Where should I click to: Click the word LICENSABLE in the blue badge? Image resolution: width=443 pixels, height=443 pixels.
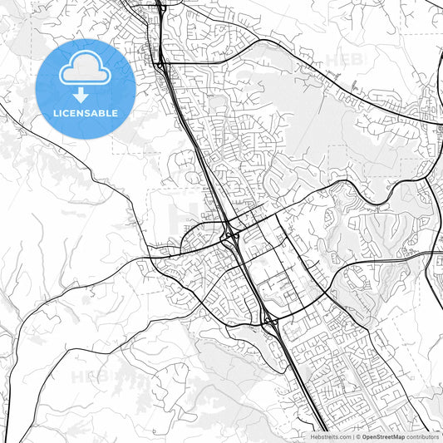pyautogui.click(x=86, y=113)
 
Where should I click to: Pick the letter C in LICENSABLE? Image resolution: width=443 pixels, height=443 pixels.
pyautogui.click(x=67, y=113)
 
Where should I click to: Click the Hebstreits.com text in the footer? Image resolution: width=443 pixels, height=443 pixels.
pyautogui.click(x=330, y=436)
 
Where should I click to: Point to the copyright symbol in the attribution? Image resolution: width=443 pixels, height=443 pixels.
pyautogui.click(x=357, y=436)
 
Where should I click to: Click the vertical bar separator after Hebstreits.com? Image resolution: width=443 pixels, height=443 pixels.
pyautogui.click(x=352, y=436)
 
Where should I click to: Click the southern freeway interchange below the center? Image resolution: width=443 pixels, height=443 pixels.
pyautogui.click(x=268, y=319)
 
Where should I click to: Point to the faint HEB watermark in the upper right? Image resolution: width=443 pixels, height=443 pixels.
pyautogui.click(x=345, y=60)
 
